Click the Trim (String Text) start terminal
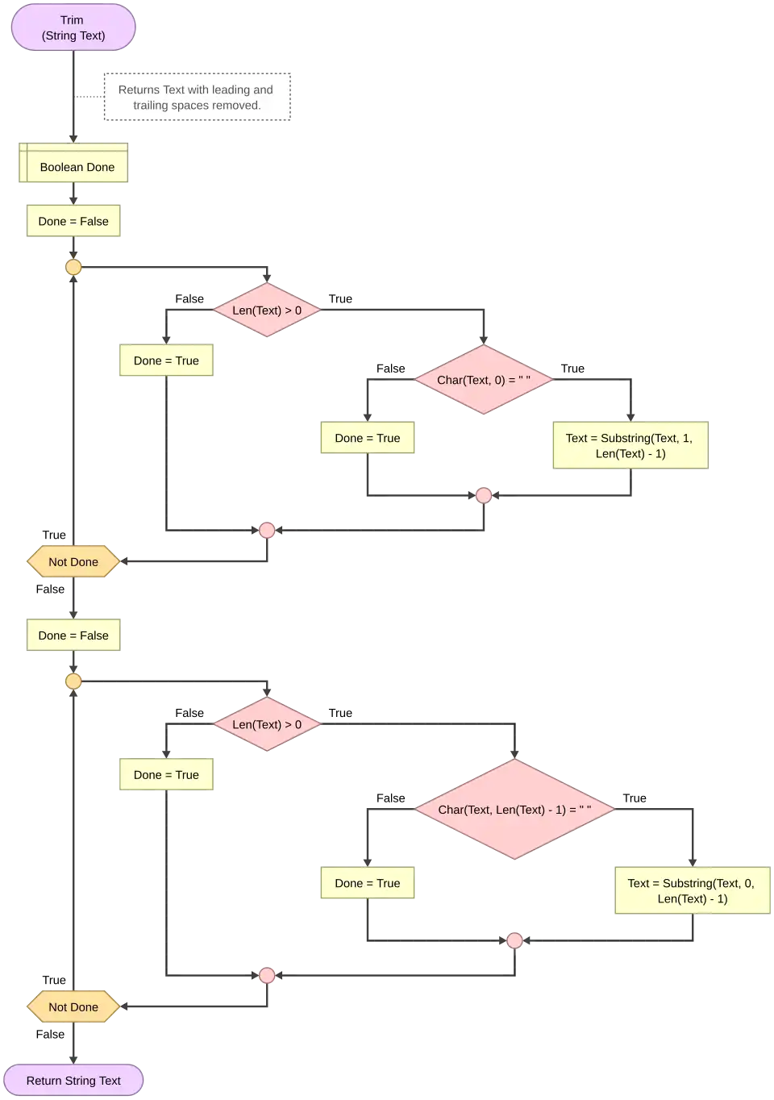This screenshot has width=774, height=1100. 73,27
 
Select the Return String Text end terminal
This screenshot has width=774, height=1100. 73,1081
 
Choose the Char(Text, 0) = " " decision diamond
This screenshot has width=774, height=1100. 483,380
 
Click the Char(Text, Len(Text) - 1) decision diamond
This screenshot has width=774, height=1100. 514,809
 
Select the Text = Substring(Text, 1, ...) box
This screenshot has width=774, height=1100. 629,445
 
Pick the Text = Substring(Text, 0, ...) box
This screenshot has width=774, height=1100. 692,890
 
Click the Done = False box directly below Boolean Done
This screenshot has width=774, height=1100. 73,221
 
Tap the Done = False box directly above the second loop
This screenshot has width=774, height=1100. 73,635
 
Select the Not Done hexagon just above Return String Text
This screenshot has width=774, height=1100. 73,1006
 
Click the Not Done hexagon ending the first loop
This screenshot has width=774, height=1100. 73,561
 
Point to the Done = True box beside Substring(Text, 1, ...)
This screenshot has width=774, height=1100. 368,438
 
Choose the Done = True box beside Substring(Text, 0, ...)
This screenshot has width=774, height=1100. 368,883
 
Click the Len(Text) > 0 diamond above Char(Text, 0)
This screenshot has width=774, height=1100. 267,310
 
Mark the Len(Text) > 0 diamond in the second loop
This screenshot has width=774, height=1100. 267,724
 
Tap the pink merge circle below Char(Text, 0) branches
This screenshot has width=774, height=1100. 484,495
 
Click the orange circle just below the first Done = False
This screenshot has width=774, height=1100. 73,267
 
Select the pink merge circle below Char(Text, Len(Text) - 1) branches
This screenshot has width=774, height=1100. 514,940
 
